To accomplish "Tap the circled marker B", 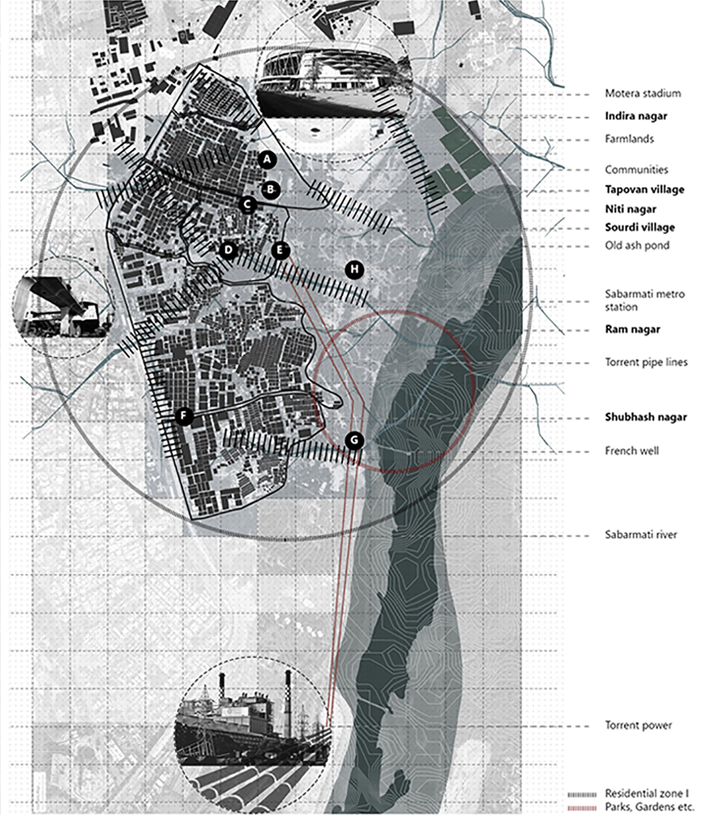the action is click(270, 189).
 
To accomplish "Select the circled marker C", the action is click(248, 205).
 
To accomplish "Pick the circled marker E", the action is click(280, 250).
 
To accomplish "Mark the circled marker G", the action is click(354, 440).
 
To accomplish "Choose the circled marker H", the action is click(354, 270).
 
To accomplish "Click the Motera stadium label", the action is click(643, 94).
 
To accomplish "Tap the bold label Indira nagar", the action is click(636, 116).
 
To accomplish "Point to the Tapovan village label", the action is click(644, 189).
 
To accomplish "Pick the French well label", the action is click(632, 451).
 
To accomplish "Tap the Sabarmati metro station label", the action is click(644, 300).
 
